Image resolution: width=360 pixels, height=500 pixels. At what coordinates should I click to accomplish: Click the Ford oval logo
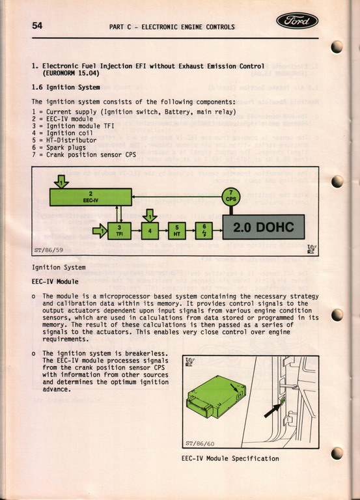tap(298, 21)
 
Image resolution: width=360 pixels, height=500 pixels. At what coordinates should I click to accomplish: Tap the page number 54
tap(37, 25)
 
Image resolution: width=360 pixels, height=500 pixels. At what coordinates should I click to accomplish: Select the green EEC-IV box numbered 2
tap(91, 197)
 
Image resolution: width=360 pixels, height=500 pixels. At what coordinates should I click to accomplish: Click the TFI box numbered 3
tap(120, 231)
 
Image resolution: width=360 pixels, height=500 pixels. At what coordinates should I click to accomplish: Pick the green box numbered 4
tap(150, 231)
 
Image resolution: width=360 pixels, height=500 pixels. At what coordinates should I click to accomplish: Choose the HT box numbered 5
tap(177, 231)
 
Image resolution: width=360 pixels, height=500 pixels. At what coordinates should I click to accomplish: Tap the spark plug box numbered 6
tap(204, 231)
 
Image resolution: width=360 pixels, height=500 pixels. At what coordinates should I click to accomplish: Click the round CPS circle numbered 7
tap(231, 197)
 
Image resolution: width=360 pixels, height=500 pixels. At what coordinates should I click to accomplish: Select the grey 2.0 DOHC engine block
tap(264, 227)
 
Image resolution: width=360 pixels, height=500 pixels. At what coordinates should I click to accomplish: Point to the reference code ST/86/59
tap(48, 250)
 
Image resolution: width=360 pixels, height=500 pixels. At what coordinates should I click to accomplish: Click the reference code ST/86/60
tap(200, 443)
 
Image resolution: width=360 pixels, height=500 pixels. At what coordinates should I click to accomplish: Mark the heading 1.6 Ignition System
tap(66, 87)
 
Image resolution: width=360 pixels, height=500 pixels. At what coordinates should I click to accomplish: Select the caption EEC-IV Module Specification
tap(230, 458)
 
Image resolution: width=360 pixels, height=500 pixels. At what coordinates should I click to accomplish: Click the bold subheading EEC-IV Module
tap(55, 281)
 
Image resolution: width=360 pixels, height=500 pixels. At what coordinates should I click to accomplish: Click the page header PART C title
tap(172, 27)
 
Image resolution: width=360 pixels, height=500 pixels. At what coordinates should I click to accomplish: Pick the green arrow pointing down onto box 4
tap(150, 216)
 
